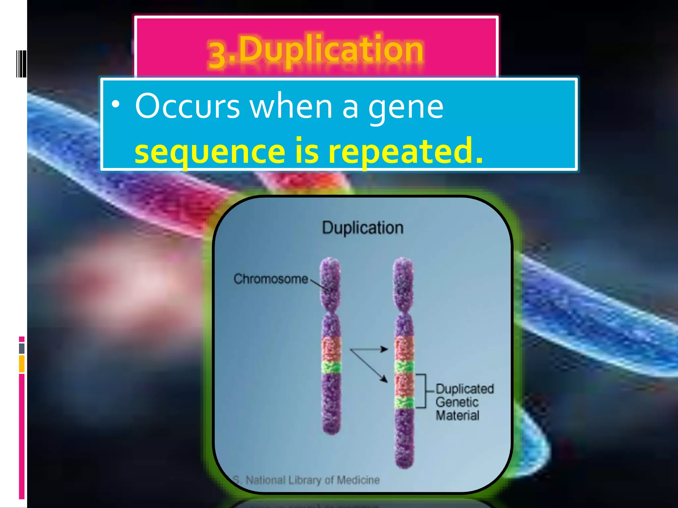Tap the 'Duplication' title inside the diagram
[363, 228]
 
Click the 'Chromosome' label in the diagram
[271, 279]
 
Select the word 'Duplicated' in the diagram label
[464, 389]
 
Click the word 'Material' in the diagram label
[458, 415]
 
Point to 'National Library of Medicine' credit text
[313, 480]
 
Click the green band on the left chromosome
[332, 367]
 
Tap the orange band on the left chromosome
[332, 349]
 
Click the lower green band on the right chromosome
[404, 402]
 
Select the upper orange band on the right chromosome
[404, 349]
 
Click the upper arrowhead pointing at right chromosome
[384, 349]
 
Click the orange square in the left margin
[22, 363]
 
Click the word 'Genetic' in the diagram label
[457, 402]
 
